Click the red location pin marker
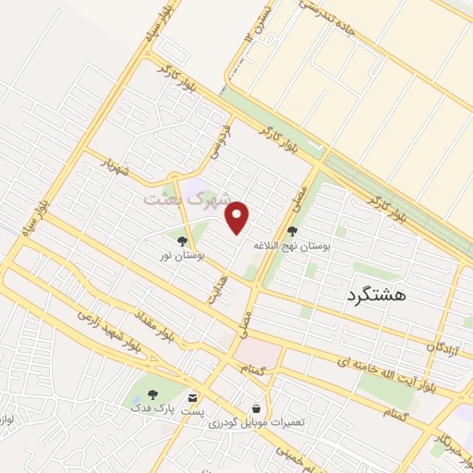[238, 215]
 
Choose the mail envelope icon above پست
[192, 395]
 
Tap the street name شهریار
[122, 168]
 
